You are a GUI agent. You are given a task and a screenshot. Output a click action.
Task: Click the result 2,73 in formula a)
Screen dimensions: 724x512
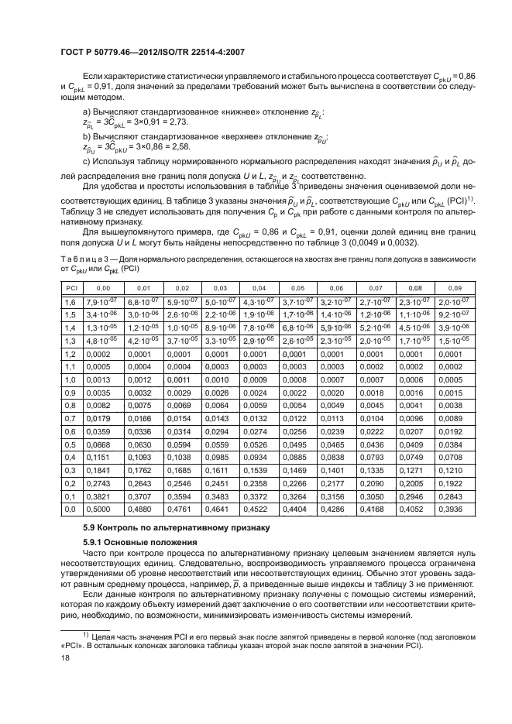coord(177,122)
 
